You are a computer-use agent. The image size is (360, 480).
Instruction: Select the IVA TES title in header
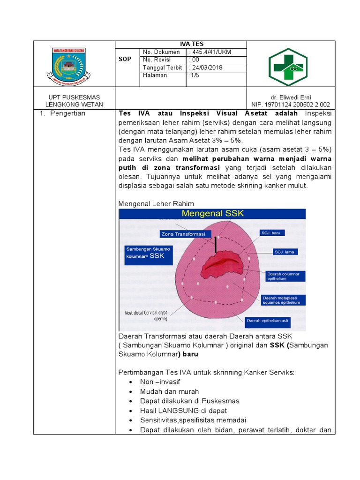[180, 44]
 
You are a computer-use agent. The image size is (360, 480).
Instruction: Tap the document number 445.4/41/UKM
[210, 52]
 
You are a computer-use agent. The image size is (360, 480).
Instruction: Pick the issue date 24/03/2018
[206, 67]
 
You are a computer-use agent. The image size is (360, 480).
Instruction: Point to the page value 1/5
[194, 75]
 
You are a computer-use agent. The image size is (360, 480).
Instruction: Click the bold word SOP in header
[127, 60]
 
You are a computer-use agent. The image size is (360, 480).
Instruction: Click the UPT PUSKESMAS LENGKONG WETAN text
[74, 101]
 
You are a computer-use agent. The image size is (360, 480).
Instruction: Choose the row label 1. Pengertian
[66, 113]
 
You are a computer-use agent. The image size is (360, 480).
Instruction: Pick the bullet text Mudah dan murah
[169, 391]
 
